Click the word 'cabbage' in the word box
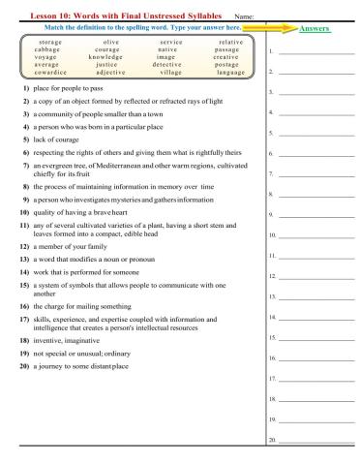click(x=45, y=49)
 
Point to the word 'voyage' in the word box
click(x=45, y=57)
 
